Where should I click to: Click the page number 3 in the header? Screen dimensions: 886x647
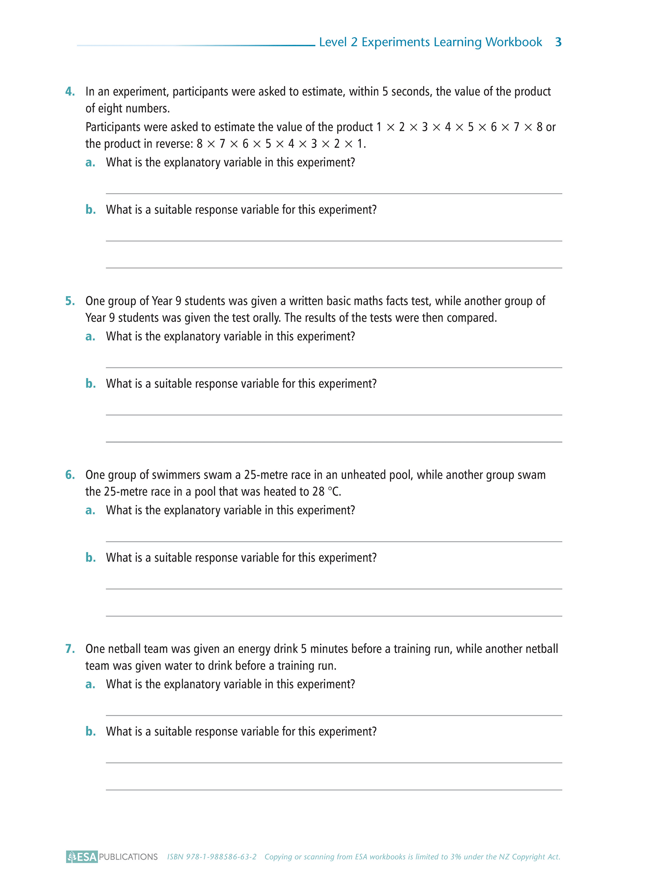coord(558,42)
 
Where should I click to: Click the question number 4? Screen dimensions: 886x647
coord(70,92)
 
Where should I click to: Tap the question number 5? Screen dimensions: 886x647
coord(70,301)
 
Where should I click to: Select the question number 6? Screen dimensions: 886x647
coord(70,475)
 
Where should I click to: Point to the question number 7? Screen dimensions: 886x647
coord(70,649)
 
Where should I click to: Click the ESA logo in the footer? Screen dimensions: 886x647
coord(82,857)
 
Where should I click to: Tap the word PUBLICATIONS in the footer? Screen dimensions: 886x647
coord(128,857)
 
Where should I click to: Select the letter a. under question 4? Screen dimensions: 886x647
coord(90,163)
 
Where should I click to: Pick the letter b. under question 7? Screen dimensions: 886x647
coord(90,732)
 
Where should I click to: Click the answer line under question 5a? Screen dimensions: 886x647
coord(334,367)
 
